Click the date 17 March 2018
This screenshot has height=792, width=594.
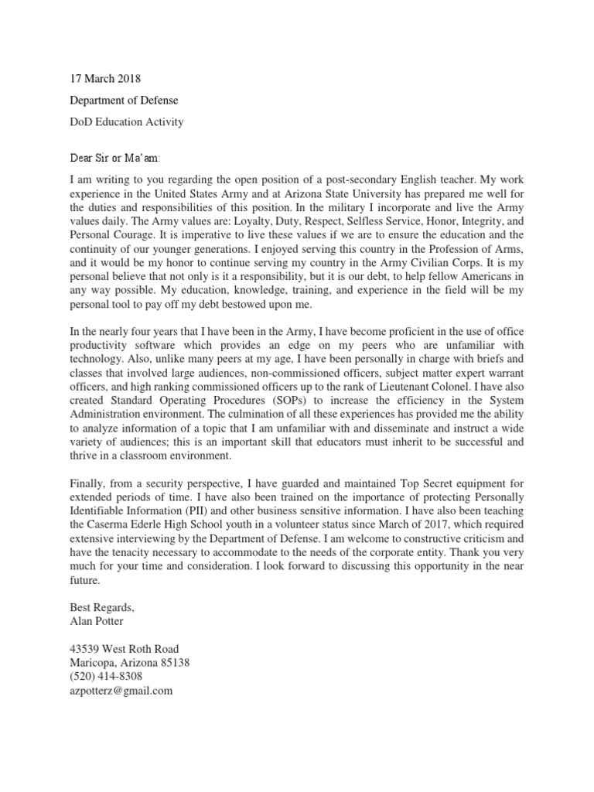pyautogui.click(x=105, y=78)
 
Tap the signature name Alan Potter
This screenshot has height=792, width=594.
pyautogui.click(x=94, y=621)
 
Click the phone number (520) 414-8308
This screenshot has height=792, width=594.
pyautogui.click(x=106, y=677)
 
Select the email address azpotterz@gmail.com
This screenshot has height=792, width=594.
pyautogui.click(x=121, y=691)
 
